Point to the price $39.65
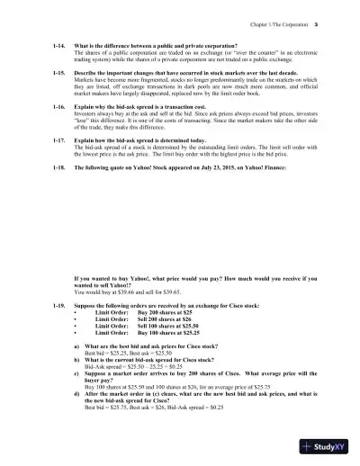click(168, 292)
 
